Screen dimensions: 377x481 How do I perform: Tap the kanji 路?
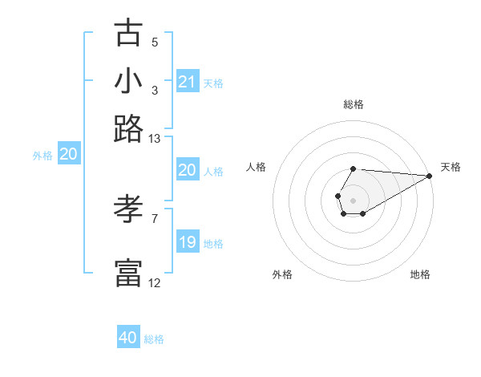click(x=128, y=128)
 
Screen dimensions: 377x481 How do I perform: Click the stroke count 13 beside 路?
click(x=155, y=138)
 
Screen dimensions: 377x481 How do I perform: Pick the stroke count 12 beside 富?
click(x=155, y=282)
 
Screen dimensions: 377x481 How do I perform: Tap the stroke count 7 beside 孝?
click(x=155, y=217)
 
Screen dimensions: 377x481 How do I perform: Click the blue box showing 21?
click(x=188, y=82)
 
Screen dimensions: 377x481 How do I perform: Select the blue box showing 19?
click(x=188, y=242)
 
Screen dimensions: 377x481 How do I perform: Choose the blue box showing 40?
click(x=128, y=338)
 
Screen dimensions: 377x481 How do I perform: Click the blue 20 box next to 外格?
click(x=68, y=155)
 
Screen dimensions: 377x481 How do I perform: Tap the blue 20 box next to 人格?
click(x=188, y=170)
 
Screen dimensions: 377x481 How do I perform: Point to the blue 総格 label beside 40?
click(x=154, y=339)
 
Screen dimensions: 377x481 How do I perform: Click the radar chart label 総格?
click(x=353, y=104)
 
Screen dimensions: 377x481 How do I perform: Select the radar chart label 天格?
click(x=451, y=167)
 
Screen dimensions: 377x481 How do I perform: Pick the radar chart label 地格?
click(x=420, y=274)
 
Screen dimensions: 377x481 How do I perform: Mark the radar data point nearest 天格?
click(x=430, y=176)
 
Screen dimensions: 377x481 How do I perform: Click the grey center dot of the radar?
click(x=353, y=199)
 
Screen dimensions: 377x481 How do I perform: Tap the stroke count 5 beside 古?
click(x=155, y=42)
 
